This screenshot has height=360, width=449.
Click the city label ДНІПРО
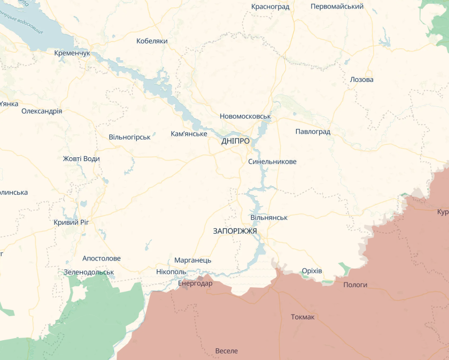tap(235, 141)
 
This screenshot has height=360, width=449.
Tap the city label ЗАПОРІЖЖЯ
tap(235, 231)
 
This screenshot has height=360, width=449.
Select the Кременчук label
tap(72, 53)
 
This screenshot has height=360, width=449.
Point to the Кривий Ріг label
tap(71, 223)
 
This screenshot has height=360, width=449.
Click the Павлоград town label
tap(313, 132)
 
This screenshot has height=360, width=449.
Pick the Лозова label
tap(361, 80)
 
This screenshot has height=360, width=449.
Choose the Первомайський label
tap(337, 6)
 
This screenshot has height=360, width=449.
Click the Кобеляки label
tap(152, 41)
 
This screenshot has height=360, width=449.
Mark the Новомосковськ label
tap(245, 116)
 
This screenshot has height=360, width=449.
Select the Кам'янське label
tap(189, 133)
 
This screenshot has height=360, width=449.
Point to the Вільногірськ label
tap(129, 137)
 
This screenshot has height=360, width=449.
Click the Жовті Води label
tap(81, 159)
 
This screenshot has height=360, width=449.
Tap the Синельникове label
tap(272, 162)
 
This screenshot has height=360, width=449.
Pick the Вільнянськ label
tap(269, 218)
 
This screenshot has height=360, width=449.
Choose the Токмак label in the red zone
tap(303, 317)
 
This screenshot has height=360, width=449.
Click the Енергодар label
tap(195, 284)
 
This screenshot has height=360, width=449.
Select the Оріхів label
tap(312, 271)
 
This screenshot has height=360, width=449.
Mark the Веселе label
tap(226, 351)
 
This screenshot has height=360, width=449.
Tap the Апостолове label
tap(102, 258)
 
